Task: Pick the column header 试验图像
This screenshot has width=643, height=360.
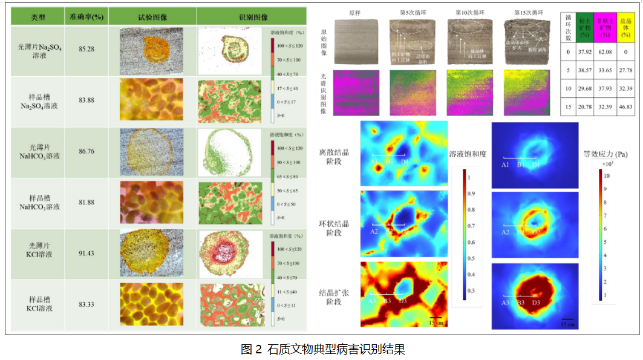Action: (152, 17)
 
